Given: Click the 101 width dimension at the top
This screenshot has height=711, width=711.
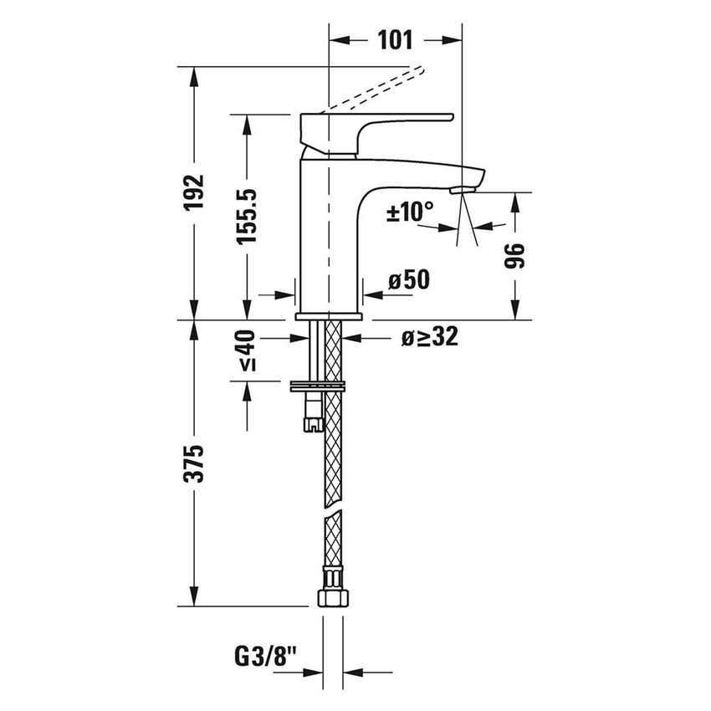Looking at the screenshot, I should tap(396, 39).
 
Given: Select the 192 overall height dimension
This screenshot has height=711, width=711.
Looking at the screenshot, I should tap(194, 192).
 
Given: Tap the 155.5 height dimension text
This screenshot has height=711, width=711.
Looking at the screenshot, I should tap(246, 216).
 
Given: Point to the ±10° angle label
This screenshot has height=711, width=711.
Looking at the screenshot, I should tap(410, 212).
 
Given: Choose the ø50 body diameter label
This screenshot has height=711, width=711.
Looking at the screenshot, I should tap(408, 279).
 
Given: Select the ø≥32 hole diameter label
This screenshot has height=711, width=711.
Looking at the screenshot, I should tap(427, 337).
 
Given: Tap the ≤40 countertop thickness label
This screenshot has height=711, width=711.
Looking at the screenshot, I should tap(245, 351).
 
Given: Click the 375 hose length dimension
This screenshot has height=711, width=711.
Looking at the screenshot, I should tap(194, 463).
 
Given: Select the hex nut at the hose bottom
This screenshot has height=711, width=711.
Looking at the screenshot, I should tap(332, 597).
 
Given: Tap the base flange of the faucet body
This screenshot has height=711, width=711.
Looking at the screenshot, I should tap(330, 316).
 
